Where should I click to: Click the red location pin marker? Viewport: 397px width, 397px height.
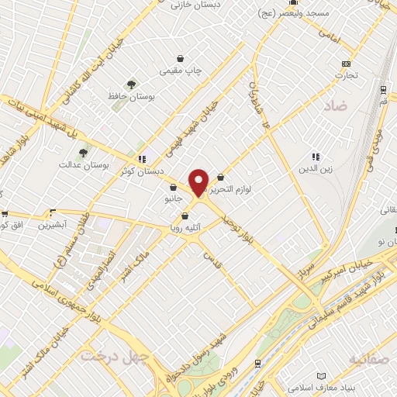point(198,182)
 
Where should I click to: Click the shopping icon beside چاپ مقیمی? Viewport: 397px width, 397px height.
point(181,59)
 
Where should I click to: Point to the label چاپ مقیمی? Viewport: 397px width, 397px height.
point(180,71)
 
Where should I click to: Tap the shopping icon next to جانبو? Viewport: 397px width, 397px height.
point(174,187)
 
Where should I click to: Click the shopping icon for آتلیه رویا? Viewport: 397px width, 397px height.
point(185,216)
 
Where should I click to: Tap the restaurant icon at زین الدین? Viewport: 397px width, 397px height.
point(316,157)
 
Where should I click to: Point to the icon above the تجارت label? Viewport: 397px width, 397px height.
point(346,64)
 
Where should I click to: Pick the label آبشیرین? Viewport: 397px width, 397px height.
point(55,224)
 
